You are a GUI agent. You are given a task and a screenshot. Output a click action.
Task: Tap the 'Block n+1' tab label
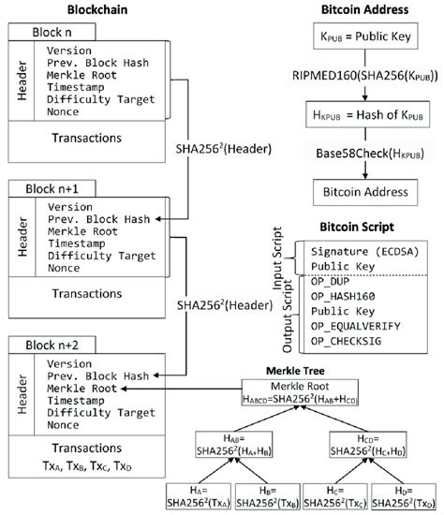click(x=53, y=190)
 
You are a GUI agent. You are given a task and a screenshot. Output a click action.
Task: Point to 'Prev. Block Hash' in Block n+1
click(x=96, y=220)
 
